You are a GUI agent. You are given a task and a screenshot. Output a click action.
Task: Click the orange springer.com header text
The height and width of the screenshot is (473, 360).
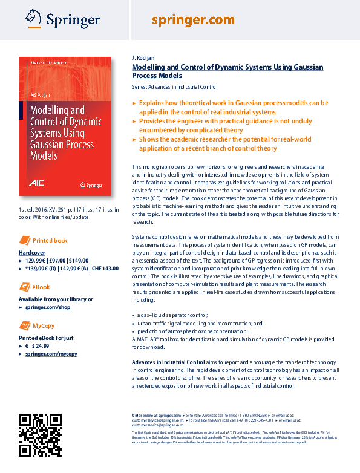(x=192, y=20)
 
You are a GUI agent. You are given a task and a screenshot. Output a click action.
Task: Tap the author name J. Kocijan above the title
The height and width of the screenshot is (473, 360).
(x=143, y=57)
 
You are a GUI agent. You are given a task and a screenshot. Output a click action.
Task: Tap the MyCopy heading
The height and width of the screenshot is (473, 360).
(x=43, y=325)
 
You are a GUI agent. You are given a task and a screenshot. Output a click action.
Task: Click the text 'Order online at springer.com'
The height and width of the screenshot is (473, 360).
(x=156, y=416)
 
